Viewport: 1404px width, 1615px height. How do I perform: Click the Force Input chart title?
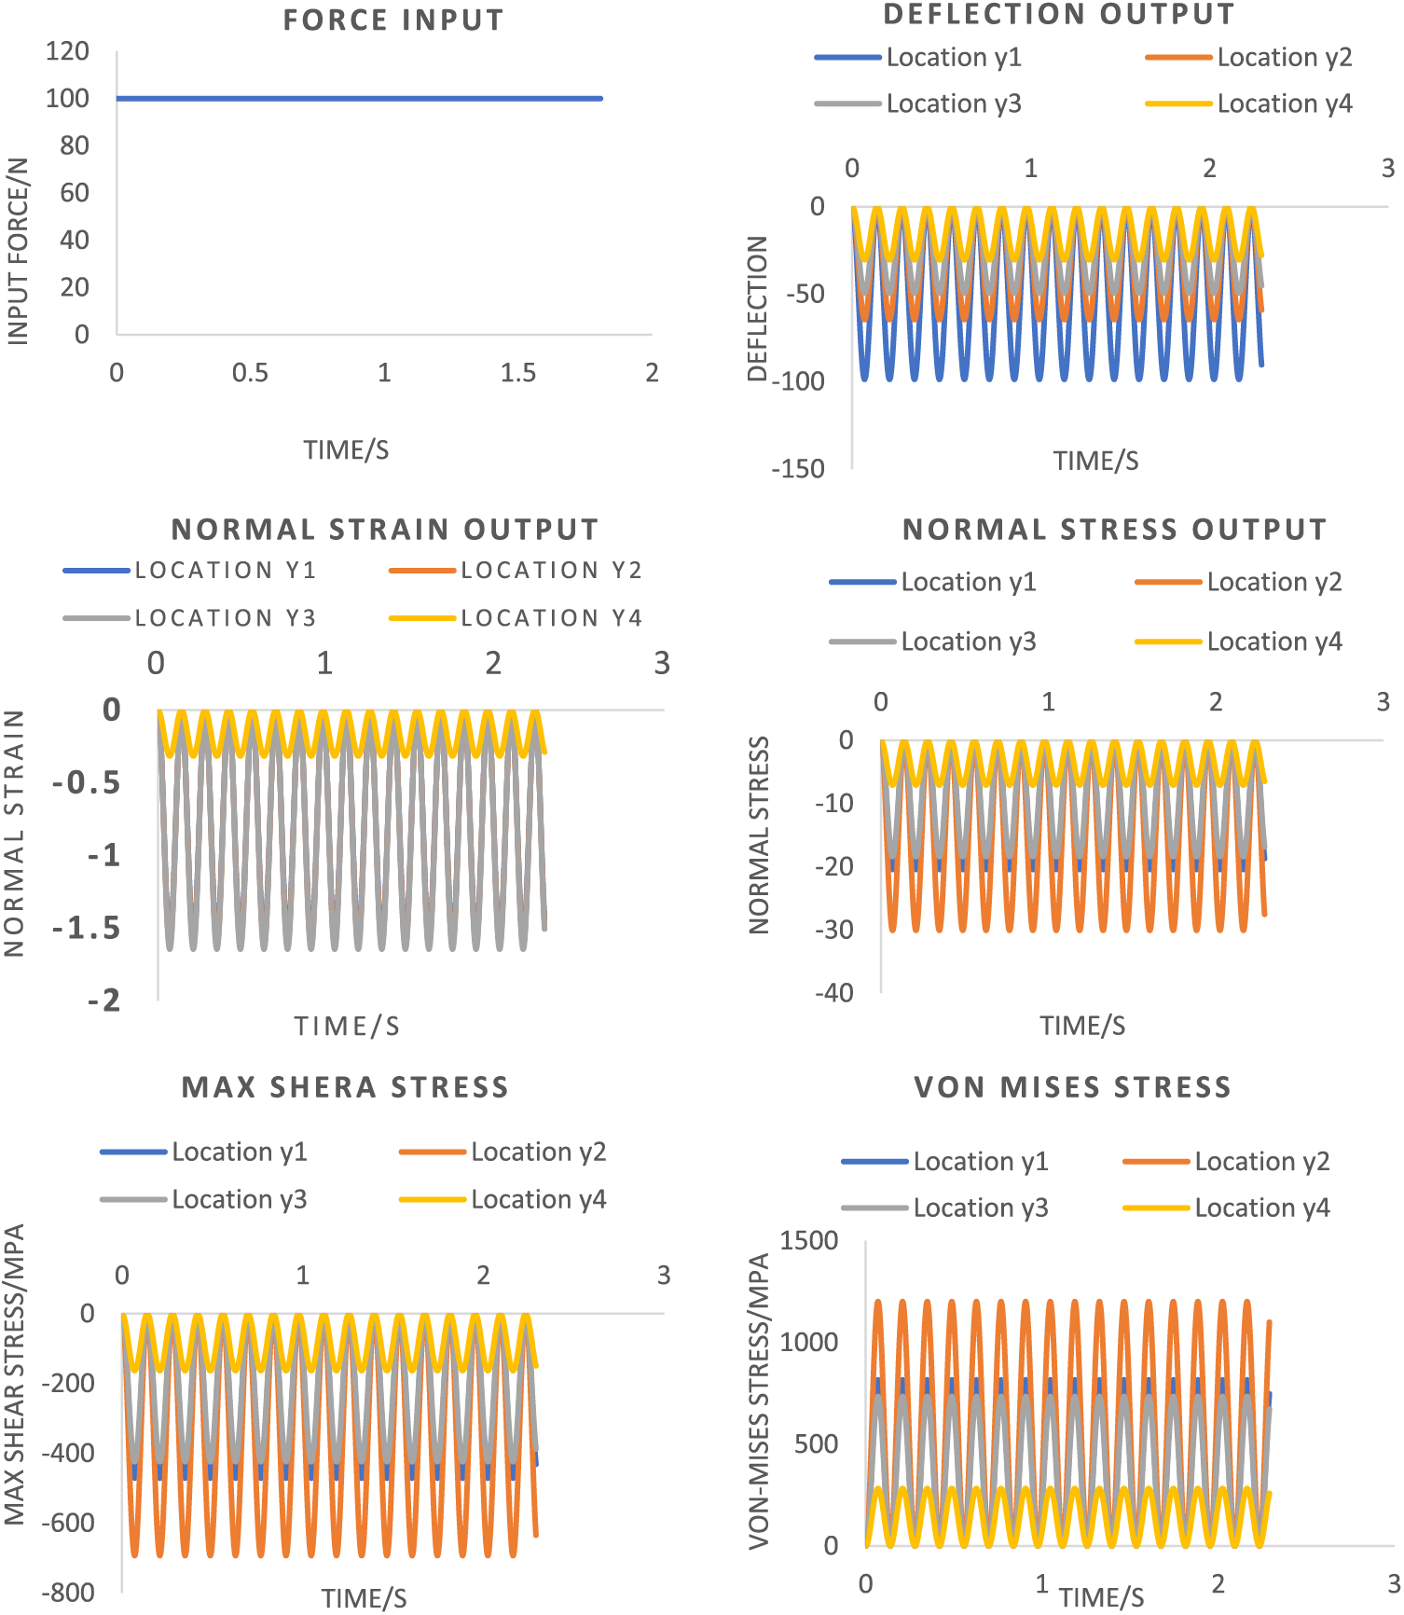393,21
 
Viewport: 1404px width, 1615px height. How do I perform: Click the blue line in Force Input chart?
359,98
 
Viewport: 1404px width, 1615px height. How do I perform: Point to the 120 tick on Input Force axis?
67,51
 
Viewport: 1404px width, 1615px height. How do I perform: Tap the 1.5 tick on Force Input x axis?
517,373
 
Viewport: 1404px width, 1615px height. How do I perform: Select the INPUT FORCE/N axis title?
19,252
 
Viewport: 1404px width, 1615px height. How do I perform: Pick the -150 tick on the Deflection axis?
798,469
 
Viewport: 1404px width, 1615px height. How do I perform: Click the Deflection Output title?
1059,15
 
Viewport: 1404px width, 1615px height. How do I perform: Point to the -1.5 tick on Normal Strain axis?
87,929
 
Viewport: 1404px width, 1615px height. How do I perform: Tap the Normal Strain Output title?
385,530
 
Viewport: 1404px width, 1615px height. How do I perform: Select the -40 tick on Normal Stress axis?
834,993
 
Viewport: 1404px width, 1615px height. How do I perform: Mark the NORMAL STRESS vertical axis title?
760,835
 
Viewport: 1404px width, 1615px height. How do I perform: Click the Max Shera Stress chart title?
345,1087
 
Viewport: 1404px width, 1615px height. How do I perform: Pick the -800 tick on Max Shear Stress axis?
68,1593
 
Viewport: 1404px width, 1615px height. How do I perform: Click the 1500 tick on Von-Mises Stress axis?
808,1241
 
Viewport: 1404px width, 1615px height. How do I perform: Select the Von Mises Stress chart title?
1072,1087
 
